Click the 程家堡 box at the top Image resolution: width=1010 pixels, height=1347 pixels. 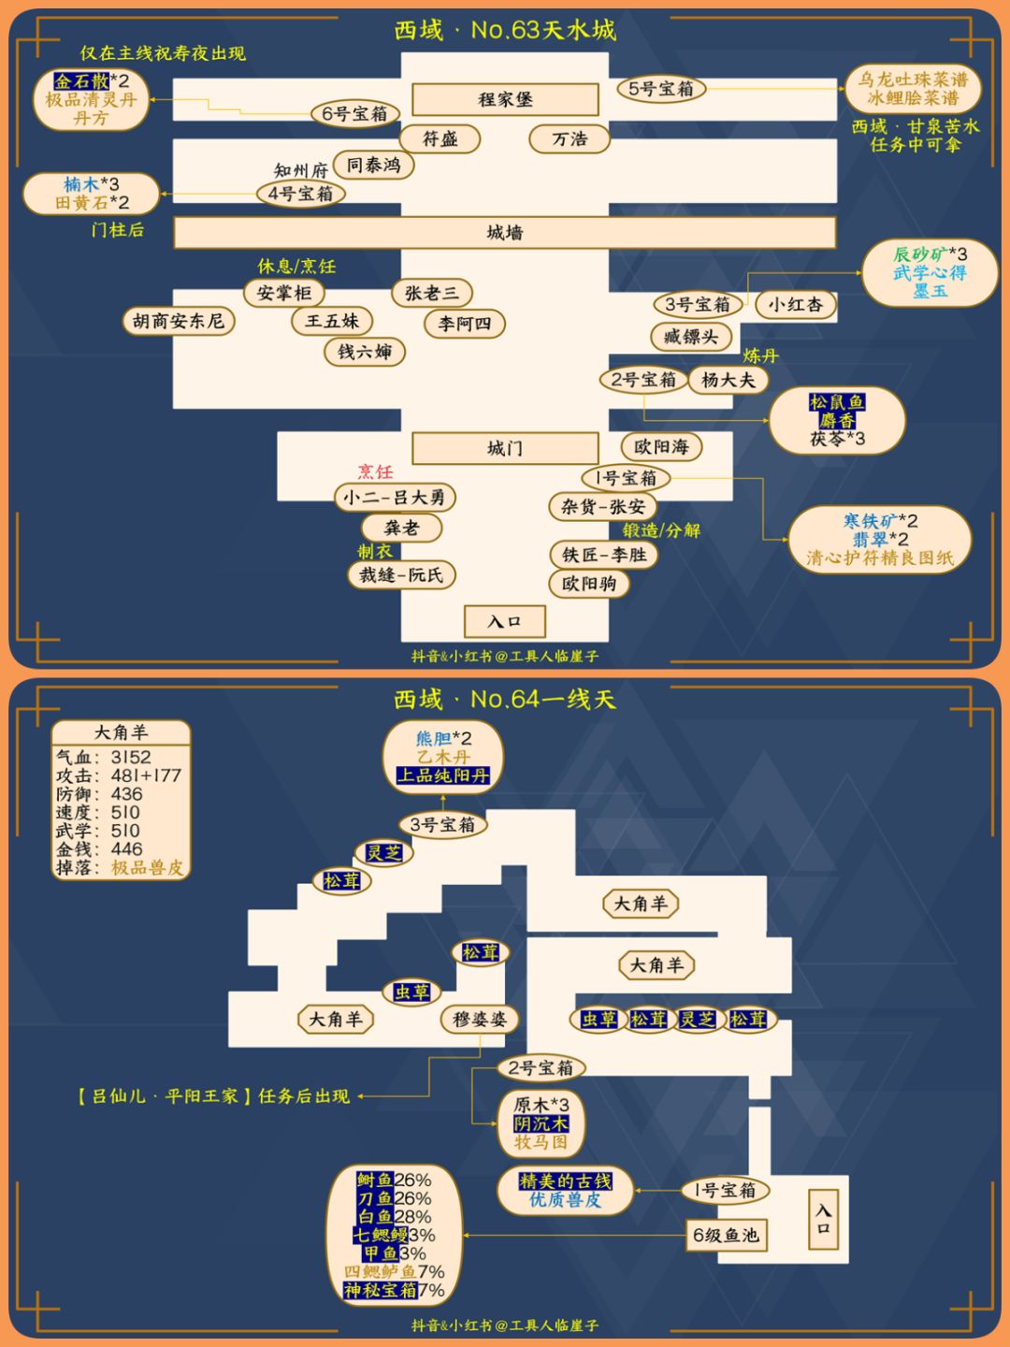point(505,99)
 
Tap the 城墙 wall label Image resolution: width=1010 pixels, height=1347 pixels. point(505,233)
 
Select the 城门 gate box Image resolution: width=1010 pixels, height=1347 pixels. point(505,448)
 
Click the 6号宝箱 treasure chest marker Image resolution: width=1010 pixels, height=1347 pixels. point(355,113)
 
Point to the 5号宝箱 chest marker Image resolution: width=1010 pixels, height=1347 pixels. point(661,89)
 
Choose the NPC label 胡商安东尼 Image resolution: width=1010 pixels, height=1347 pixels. point(179,321)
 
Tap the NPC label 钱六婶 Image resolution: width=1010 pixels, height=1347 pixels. point(365,352)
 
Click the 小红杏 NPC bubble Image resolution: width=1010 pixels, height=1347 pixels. point(795,304)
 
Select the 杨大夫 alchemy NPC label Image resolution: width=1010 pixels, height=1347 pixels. point(728,380)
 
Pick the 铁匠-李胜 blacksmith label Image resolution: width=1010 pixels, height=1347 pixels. point(604,555)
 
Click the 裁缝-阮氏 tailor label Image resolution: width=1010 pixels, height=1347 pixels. point(401,575)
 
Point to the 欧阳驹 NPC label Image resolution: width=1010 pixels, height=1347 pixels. point(589,584)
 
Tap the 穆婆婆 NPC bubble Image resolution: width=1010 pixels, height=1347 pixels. point(480,1020)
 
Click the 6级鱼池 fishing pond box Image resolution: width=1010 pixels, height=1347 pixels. point(726,1235)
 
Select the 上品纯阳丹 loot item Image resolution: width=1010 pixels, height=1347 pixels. point(442,775)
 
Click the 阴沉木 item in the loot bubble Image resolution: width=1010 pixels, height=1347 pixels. point(541,1124)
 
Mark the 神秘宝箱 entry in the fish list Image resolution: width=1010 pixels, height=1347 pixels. point(381,1291)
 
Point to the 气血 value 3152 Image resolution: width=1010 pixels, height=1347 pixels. point(131,758)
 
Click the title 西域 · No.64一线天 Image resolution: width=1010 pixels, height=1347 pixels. point(505,699)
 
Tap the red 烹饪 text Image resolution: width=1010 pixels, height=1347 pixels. point(375,471)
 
